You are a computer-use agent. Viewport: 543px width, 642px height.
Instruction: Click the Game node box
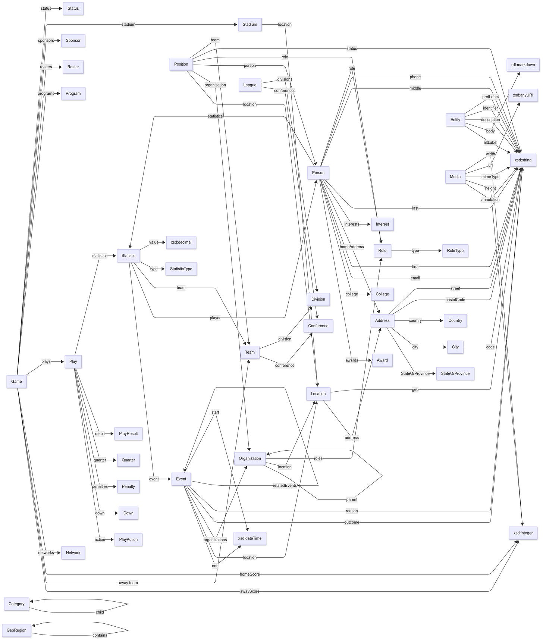[16, 381]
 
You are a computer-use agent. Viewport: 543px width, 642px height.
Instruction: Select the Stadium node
[249, 25]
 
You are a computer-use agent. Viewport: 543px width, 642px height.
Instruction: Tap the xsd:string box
[523, 160]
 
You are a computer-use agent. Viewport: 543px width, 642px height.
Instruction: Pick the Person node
[318, 173]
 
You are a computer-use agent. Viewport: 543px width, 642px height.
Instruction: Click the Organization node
[249, 458]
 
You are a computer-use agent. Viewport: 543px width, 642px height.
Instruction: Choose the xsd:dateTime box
[249, 538]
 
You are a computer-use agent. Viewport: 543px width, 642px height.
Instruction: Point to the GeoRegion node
[16, 630]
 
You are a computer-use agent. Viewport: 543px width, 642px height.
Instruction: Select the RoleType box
[455, 251]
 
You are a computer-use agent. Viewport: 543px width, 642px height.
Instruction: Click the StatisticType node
[181, 269]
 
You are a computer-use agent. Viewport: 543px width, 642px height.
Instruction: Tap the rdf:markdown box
[523, 65]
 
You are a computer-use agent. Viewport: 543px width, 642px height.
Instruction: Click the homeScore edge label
[249, 574]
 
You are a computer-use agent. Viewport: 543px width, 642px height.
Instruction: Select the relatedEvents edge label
[285, 485]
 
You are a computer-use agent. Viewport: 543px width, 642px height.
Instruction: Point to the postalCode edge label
[455, 300]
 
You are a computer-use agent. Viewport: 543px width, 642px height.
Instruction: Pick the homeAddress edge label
[351, 247]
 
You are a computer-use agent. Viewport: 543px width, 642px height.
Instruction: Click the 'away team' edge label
[128, 583]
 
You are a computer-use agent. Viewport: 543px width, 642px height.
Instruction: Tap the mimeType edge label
[490, 177]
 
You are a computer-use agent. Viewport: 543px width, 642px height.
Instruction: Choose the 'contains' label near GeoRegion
[100, 635]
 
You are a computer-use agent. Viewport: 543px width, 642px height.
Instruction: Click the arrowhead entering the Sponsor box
[59, 41]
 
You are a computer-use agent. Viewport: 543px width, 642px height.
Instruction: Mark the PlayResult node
[128, 433]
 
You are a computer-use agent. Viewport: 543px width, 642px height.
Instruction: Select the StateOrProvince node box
[455, 373]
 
